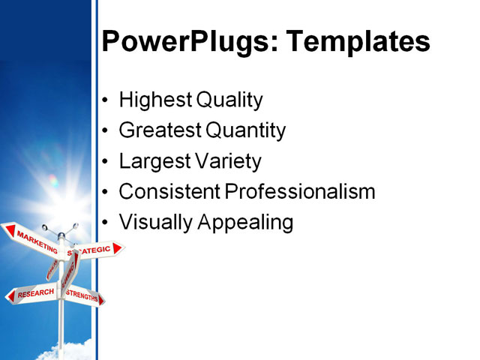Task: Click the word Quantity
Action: (245, 131)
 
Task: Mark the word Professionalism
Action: (300, 192)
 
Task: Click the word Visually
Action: (154, 223)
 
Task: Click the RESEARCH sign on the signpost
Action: (33, 293)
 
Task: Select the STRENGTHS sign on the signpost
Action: (82, 295)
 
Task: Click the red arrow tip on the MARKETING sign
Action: (7, 229)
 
